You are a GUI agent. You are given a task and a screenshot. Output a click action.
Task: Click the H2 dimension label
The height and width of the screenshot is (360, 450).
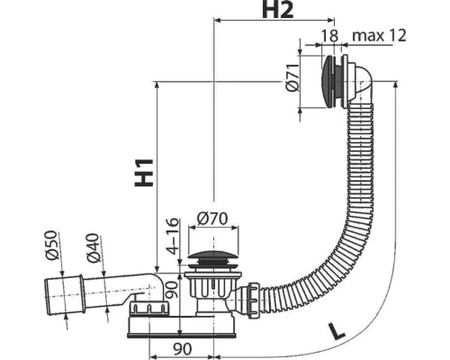coord(277,10)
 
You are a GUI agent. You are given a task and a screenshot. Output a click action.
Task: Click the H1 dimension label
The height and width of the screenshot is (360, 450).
coord(144,173)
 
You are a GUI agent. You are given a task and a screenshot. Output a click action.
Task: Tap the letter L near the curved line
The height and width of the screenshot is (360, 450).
coord(336,331)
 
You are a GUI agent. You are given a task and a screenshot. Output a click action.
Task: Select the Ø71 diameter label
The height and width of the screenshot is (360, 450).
coord(292,77)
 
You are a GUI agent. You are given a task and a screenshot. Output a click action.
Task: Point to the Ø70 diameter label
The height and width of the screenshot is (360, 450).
coord(212,219)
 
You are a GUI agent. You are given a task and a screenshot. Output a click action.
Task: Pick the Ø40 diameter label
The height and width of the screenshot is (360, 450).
coord(93,247)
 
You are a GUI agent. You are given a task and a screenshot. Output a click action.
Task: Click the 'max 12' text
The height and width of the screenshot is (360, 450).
coord(379,35)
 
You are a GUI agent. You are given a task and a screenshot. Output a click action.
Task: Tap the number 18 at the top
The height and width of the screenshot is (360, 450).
coord(329,36)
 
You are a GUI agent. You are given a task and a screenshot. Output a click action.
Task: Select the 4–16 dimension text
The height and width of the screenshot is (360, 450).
coord(172,236)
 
